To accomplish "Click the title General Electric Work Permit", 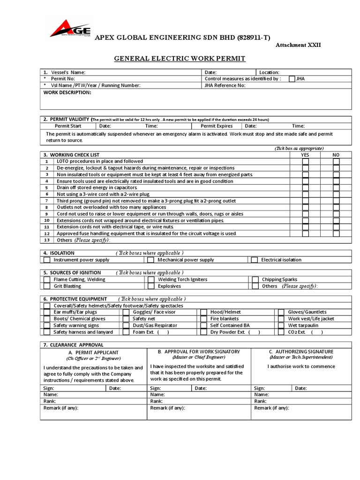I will click(x=180, y=59).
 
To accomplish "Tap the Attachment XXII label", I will click(x=298, y=45).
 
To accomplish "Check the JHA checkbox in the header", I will click(x=292, y=79).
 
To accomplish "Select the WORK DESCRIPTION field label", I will click(x=67, y=92).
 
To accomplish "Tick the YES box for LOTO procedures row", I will click(x=305, y=161).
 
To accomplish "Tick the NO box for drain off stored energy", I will click(x=336, y=187).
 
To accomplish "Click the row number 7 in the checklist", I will click(x=47, y=201).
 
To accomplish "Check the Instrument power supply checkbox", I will click(x=47, y=260).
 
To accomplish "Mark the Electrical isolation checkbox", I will click(x=255, y=260).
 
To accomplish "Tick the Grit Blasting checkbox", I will click(x=47, y=286).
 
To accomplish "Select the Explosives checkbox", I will click(x=151, y=286).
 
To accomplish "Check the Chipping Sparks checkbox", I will click(x=255, y=279).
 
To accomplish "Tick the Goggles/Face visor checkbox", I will click(x=126, y=312).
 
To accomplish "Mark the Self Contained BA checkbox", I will click(x=203, y=325).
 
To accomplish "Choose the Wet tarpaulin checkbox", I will click(x=281, y=325).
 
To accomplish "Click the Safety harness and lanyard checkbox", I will click(x=47, y=332).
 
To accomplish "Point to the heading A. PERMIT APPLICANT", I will click(x=93, y=352).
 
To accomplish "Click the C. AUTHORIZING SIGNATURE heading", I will click(x=301, y=351).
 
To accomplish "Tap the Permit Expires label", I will click(x=216, y=126).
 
